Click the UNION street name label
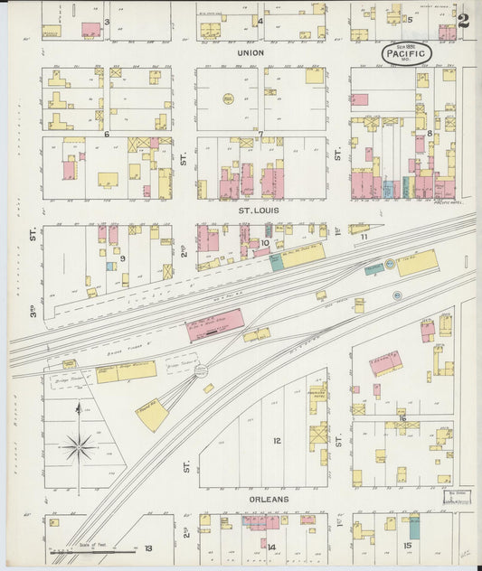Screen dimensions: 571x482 click(250, 52)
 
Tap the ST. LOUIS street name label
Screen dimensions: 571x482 click(259, 211)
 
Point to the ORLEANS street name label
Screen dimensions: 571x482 click(270, 499)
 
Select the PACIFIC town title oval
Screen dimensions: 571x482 click(404, 53)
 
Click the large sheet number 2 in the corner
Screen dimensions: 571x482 click(463, 21)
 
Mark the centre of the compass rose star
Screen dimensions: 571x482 click(79, 445)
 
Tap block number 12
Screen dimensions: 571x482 click(277, 441)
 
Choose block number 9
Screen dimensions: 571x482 click(122, 258)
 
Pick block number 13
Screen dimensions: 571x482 click(147, 548)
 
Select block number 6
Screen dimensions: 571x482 click(106, 134)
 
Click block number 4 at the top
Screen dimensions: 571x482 click(260, 21)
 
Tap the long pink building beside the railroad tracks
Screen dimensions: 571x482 click(215, 324)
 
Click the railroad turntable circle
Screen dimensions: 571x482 click(201, 370)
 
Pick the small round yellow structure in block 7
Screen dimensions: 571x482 click(228, 98)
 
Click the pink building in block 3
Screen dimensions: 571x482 click(90, 29)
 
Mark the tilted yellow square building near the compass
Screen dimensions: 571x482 click(152, 416)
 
